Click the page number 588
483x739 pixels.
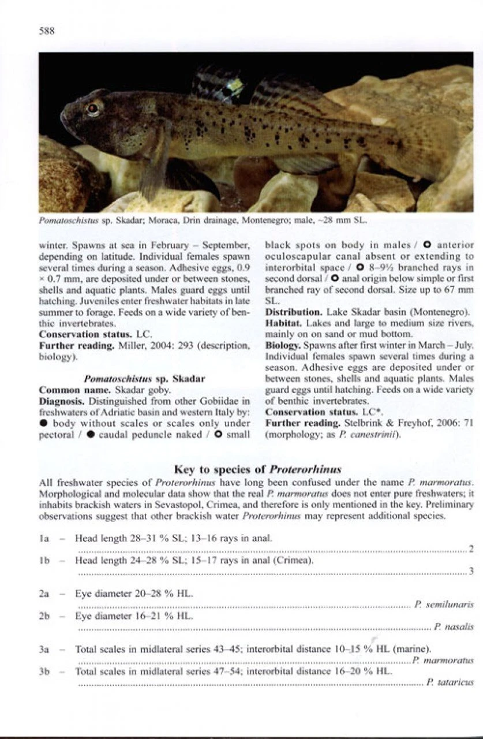47,31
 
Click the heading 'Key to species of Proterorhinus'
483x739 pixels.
257,468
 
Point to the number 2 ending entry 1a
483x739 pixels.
471,548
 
